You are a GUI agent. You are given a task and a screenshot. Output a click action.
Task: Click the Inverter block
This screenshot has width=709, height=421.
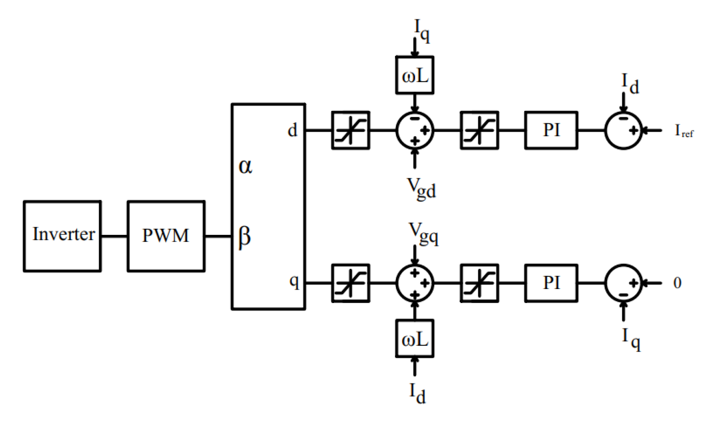pyautogui.click(x=62, y=236)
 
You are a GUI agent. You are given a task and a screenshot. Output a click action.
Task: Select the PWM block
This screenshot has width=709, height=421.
pyautogui.click(x=166, y=236)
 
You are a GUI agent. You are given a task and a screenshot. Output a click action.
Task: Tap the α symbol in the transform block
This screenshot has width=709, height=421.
pyautogui.click(x=245, y=166)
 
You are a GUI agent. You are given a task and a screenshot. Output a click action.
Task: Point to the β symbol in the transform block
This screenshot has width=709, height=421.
pyautogui.click(x=245, y=237)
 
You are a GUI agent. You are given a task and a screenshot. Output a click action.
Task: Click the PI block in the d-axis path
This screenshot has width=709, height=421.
pyautogui.click(x=551, y=130)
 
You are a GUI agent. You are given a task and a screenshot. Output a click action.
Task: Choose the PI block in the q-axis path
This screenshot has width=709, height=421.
pyautogui.click(x=551, y=283)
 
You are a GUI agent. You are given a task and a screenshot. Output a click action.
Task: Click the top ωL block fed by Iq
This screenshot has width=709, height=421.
pyautogui.click(x=415, y=75)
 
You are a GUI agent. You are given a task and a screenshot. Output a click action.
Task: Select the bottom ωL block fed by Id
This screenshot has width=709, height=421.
pyautogui.click(x=415, y=339)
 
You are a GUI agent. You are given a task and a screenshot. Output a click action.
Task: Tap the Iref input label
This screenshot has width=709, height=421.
pyautogui.click(x=684, y=131)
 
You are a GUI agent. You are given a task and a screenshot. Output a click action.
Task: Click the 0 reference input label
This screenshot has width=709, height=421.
pyautogui.click(x=677, y=283)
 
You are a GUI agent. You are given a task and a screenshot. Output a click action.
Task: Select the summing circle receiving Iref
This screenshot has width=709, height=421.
pyautogui.click(x=623, y=130)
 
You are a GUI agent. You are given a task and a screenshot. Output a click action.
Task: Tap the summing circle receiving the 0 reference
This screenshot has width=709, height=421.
pyautogui.click(x=623, y=283)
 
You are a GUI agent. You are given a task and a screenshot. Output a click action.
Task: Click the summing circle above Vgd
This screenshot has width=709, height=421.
pyautogui.click(x=415, y=130)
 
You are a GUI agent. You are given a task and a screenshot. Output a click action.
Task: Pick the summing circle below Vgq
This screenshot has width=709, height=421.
pyautogui.click(x=415, y=283)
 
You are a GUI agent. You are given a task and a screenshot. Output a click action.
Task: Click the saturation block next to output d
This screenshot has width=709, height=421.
pyautogui.click(x=350, y=130)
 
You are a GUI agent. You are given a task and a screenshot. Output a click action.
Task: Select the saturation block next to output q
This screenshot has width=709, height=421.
pyautogui.click(x=350, y=283)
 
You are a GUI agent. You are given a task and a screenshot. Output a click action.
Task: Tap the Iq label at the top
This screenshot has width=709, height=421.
pyautogui.click(x=422, y=30)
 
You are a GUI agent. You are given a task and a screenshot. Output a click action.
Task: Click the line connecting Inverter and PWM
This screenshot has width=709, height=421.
pyautogui.click(x=114, y=236)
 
